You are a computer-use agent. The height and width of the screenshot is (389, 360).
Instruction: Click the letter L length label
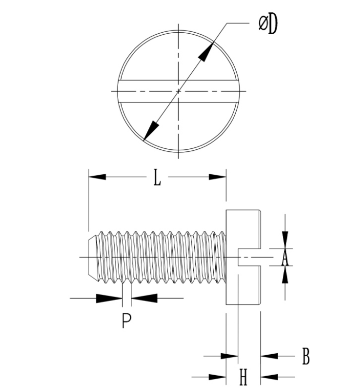point(157,177)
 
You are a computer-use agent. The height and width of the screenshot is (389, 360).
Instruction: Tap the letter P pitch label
point(127,321)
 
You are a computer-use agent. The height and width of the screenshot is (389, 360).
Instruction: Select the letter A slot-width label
point(285,258)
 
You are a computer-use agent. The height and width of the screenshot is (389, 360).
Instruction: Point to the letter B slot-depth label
point(306,356)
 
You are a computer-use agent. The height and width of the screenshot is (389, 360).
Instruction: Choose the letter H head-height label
point(243,378)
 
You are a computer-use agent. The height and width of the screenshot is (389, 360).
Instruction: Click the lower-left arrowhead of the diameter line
point(149,130)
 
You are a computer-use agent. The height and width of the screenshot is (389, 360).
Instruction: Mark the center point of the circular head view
point(178,91)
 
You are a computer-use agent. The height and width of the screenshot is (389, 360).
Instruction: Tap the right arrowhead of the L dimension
point(217,176)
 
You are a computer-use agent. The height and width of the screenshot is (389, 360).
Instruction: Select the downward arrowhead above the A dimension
point(285,241)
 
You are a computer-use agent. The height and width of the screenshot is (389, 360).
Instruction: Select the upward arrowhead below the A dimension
point(285,275)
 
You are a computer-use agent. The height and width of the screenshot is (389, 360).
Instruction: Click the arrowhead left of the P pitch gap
point(110,298)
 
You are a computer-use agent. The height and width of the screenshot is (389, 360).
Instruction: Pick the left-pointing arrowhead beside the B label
point(269,356)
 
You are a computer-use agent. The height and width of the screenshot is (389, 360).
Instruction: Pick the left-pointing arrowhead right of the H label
point(269,378)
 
